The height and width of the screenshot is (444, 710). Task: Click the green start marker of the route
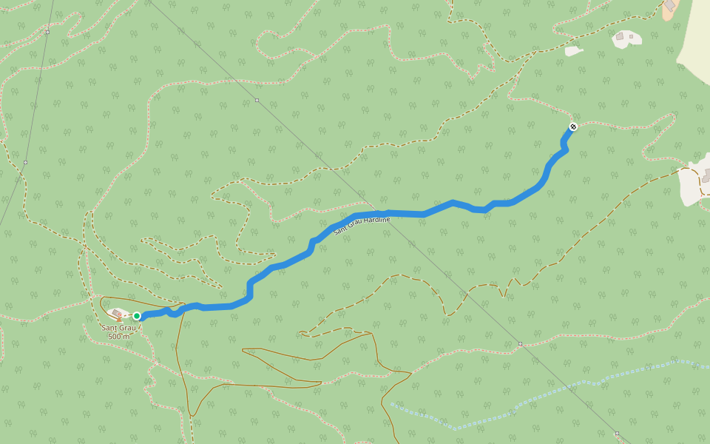(x=137, y=316)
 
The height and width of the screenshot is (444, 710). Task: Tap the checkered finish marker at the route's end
(x=572, y=127)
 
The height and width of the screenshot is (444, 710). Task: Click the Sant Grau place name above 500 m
(x=118, y=328)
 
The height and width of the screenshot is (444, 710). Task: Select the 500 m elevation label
(x=118, y=337)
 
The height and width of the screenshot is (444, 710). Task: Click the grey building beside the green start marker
(x=117, y=314)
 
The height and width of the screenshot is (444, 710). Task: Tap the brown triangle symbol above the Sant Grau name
(x=119, y=319)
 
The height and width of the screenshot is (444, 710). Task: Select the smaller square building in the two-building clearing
(x=619, y=36)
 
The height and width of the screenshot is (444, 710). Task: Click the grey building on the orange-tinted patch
(x=670, y=5)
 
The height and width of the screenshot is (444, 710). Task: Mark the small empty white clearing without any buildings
(x=573, y=51)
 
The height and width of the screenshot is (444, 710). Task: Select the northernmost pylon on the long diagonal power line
(x=257, y=100)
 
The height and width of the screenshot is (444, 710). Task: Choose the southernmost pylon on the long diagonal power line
(x=617, y=434)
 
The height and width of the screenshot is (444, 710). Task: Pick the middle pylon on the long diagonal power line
(x=520, y=343)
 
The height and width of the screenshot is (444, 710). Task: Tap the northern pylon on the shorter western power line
(x=47, y=32)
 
